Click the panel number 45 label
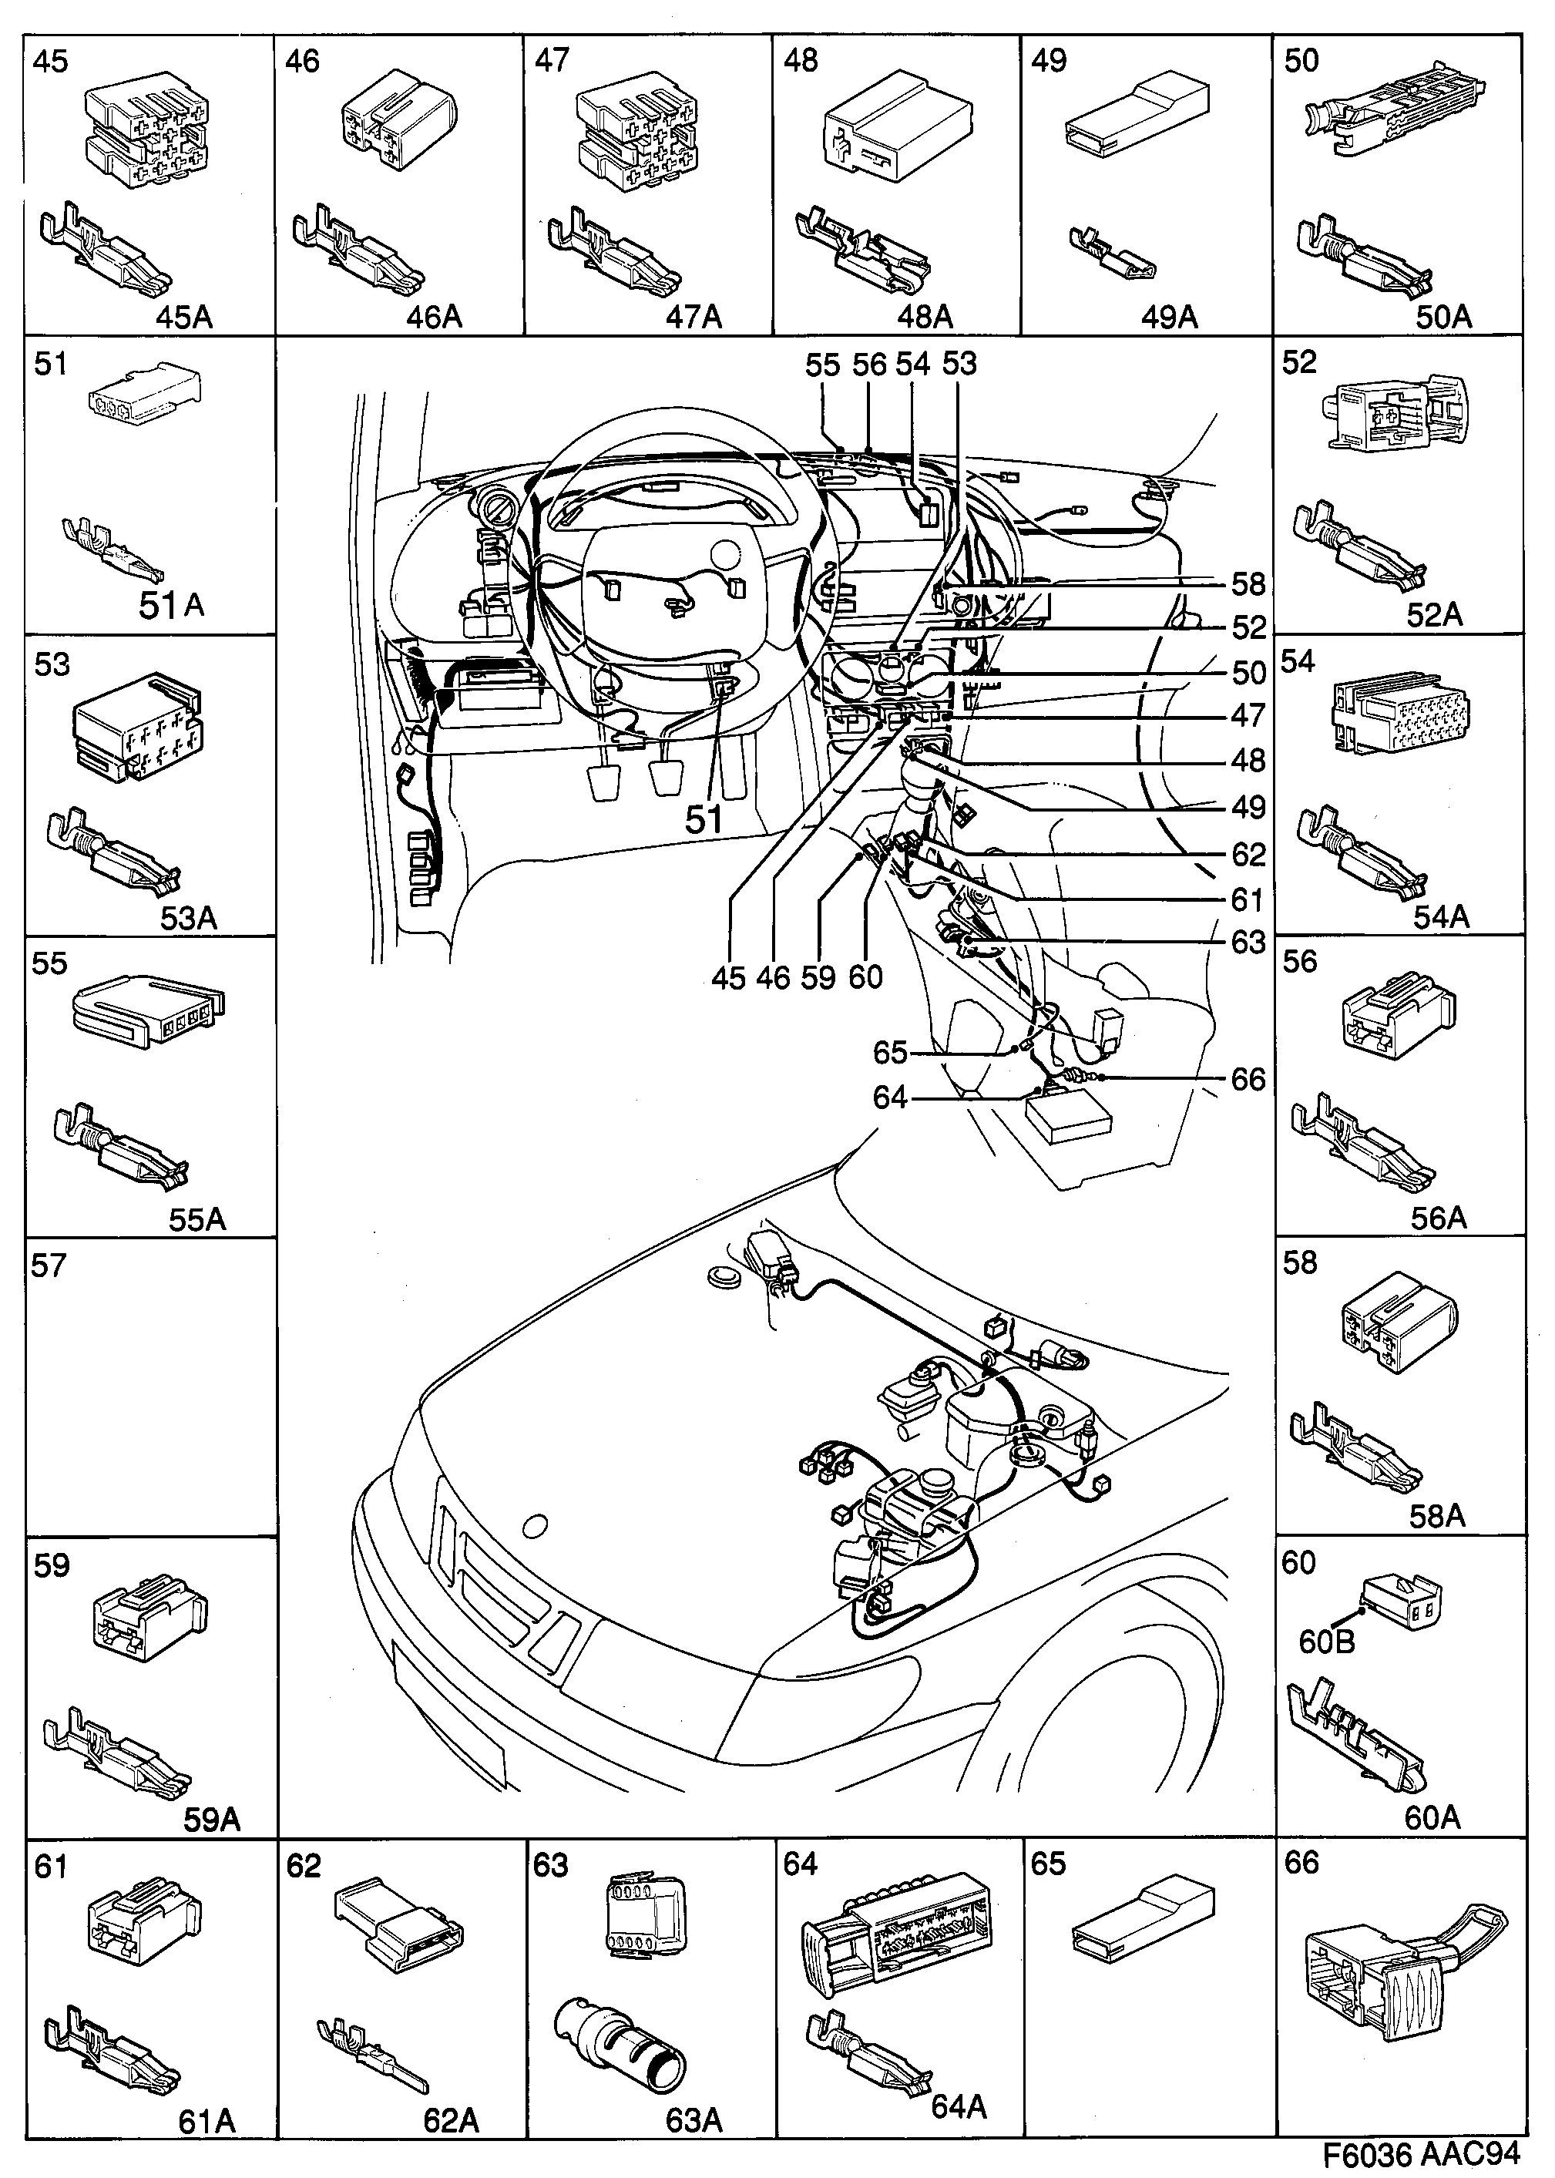pyautogui.click(x=51, y=62)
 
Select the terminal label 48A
pyautogui.click(x=925, y=316)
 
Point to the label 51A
pyautogui.click(x=171, y=605)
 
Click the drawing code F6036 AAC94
pyautogui.click(x=1421, y=2155)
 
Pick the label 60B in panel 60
pyautogui.click(x=1326, y=1642)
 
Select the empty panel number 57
pyautogui.click(x=48, y=1266)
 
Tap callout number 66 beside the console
pyautogui.click(x=1248, y=1080)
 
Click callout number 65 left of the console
pyautogui.click(x=889, y=1053)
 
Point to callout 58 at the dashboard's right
pyautogui.click(x=1248, y=584)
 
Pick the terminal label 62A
pyautogui.click(x=451, y=2120)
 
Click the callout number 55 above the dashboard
pyautogui.click(x=822, y=365)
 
